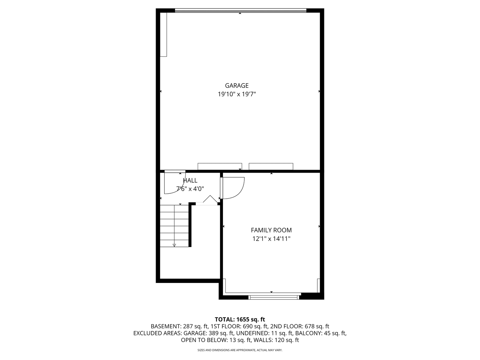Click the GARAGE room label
point(237,85)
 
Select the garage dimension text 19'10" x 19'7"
point(237,94)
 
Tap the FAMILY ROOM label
point(271,230)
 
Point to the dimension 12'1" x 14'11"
point(271,239)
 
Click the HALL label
point(190,180)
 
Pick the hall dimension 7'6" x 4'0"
point(190,189)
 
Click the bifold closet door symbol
point(210,199)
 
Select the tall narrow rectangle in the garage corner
point(163,35)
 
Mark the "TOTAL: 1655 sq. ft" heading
point(240,320)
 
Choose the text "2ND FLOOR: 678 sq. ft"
point(300,327)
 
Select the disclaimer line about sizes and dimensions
point(240,350)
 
